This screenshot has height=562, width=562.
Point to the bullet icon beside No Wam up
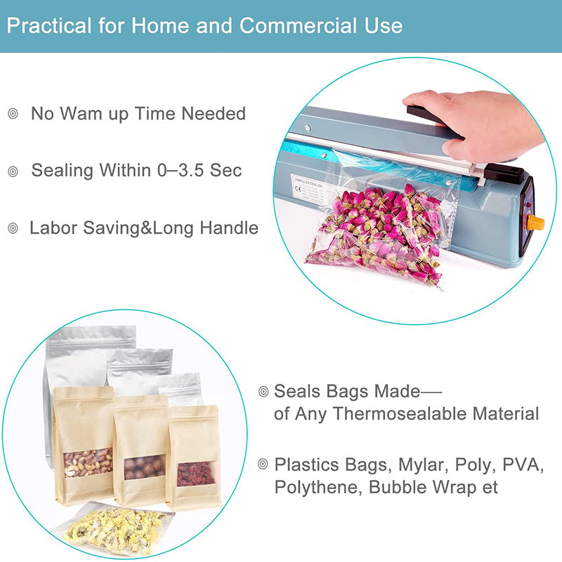pyautogui.click(x=13, y=114)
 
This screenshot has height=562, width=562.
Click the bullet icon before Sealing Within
pyautogui.click(x=13, y=171)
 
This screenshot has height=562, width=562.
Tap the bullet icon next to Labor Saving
pyautogui.click(x=13, y=228)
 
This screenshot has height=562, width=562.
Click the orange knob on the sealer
pyautogui.click(x=535, y=223)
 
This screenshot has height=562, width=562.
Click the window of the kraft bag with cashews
pyautogui.click(x=87, y=462)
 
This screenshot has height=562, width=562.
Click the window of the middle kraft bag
pyautogui.click(x=144, y=467)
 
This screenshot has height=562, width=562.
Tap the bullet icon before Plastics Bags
pyautogui.click(x=263, y=464)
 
